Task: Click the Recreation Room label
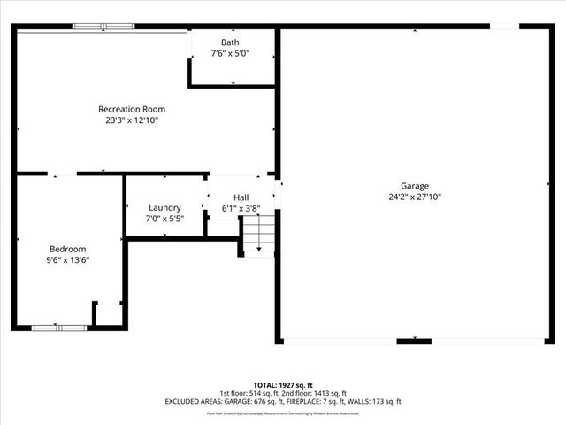pos(132,109)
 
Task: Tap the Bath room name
pos(230,42)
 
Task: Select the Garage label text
pos(414,186)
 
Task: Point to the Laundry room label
pos(164,207)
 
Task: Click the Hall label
pos(241,197)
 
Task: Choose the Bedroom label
pos(68,249)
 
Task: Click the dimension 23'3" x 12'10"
pos(132,120)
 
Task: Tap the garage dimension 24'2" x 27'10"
pos(414,197)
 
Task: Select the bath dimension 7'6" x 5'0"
pos(230,54)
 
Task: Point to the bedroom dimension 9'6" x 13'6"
pos(68,260)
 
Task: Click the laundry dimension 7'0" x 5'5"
pos(164,218)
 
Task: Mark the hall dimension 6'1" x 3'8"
pos(241,209)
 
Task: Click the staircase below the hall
pos(258,236)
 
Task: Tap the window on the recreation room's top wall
pos(103,26)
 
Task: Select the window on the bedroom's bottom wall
pos(59,328)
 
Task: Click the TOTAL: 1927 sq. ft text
pos(282,384)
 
